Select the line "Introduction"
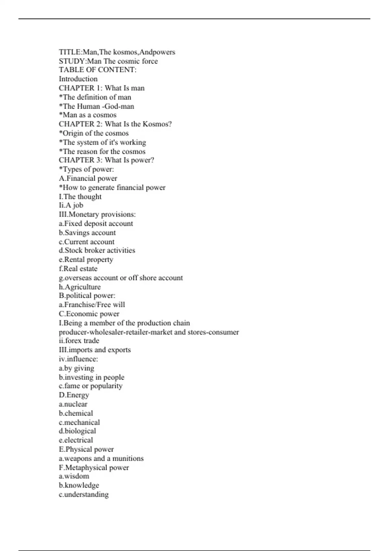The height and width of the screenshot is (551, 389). [78, 79]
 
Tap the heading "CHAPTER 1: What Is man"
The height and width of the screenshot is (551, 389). [101, 88]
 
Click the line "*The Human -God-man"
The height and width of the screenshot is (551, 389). [96, 106]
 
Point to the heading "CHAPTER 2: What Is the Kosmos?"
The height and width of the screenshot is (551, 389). [115, 124]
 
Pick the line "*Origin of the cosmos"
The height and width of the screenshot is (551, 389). [94, 133]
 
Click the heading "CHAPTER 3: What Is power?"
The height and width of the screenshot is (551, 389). [106, 160]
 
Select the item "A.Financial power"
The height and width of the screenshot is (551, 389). [88, 178]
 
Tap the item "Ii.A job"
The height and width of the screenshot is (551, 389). [71, 205]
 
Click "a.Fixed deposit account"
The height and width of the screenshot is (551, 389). [96, 224]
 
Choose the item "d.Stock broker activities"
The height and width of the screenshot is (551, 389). [97, 250]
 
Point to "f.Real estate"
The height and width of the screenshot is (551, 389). [78, 269]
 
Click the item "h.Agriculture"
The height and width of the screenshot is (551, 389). [80, 287]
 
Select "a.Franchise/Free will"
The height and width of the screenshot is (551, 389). [92, 305]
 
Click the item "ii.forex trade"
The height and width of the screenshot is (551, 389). [79, 341]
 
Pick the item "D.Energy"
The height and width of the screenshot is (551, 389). [74, 395]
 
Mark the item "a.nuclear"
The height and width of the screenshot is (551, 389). [73, 404]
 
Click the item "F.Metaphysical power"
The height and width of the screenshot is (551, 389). [94, 468]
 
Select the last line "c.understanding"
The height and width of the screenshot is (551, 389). [84, 495]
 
